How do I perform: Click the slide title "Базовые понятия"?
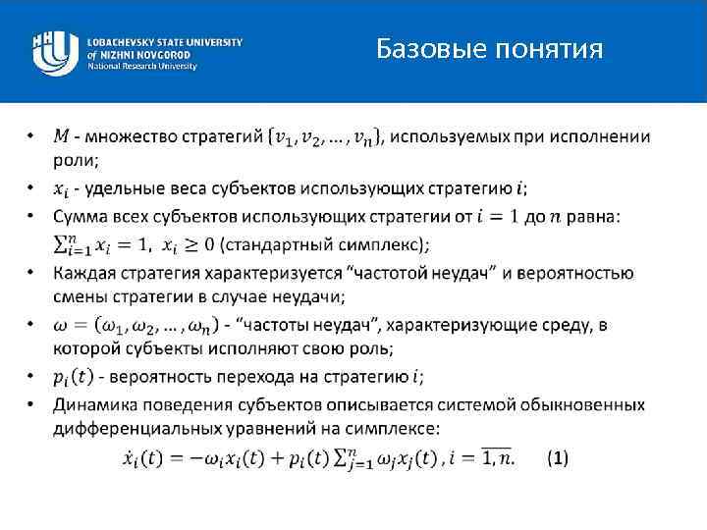tap(489, 47)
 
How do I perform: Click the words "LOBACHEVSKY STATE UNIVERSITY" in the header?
tap(164, 43)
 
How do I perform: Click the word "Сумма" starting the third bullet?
tap(82, 215)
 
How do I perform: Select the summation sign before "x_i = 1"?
tap(65, 241)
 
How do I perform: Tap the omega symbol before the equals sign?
tap(61, 325)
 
